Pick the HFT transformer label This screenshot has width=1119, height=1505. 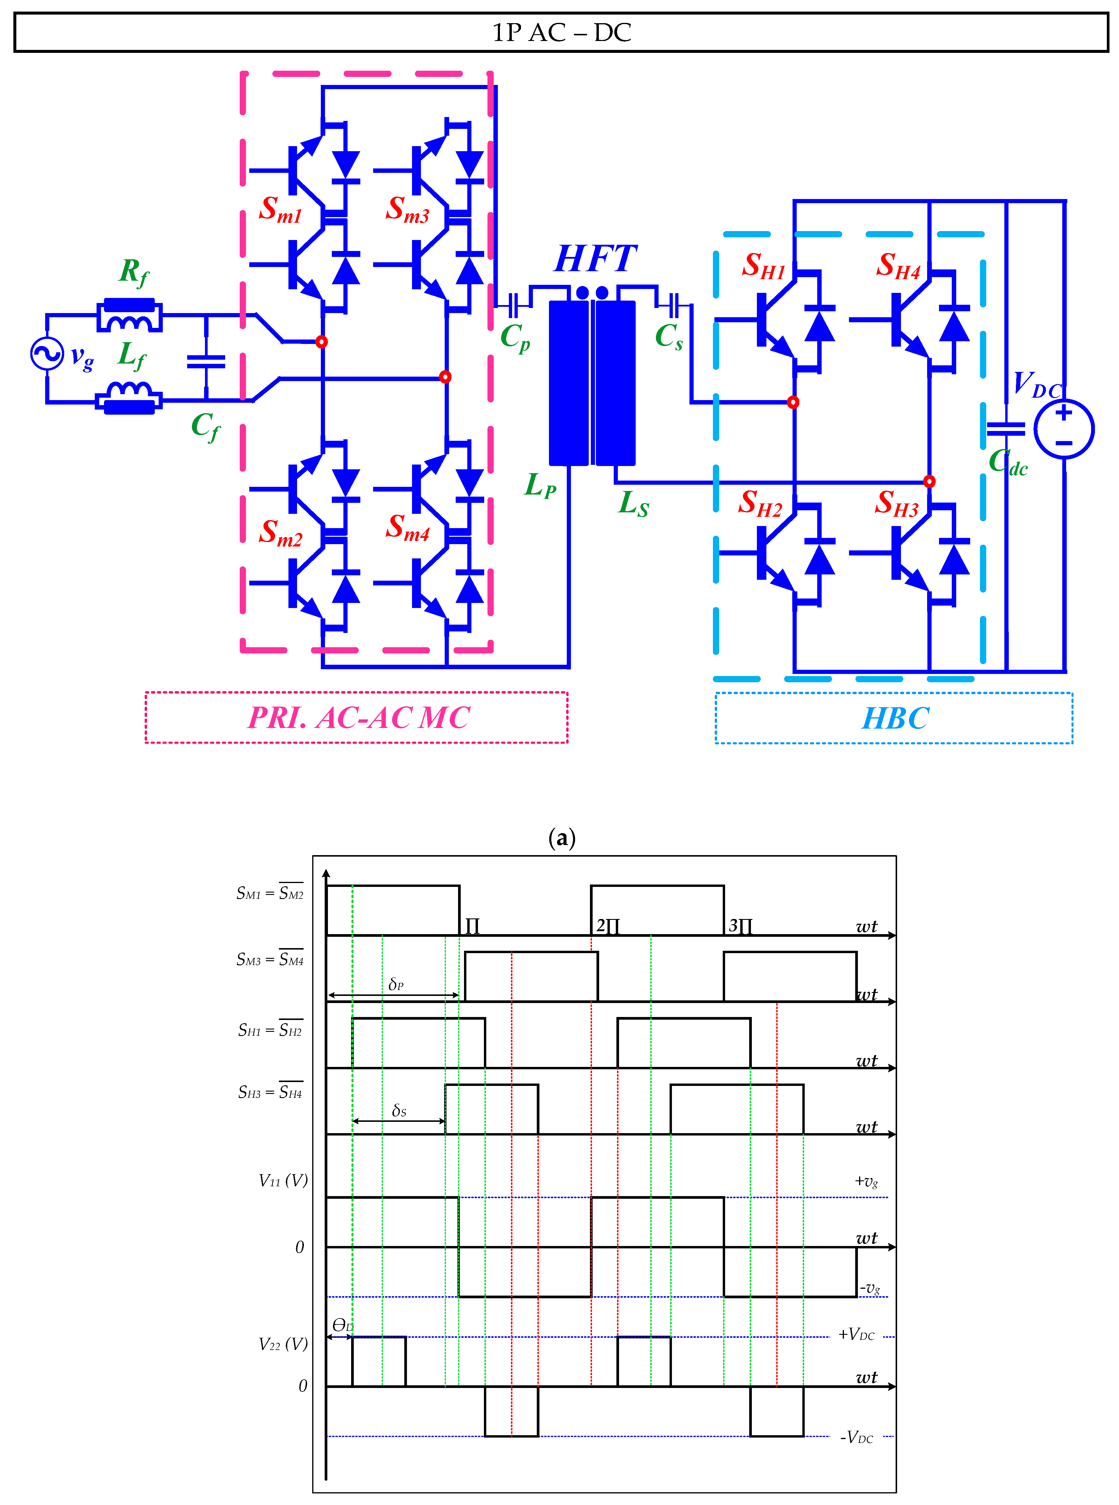(x=595, y=258)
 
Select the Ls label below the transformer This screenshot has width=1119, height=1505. (x=633, y=503)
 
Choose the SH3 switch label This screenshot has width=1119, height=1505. (x=896, y=503)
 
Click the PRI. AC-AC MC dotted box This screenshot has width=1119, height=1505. (x=356, y=717)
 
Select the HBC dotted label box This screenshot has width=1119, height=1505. (x=894, y=718)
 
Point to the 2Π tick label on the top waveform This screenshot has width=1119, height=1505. (x=607, y=926)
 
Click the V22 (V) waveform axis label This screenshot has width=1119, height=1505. (x=283, y=1344)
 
